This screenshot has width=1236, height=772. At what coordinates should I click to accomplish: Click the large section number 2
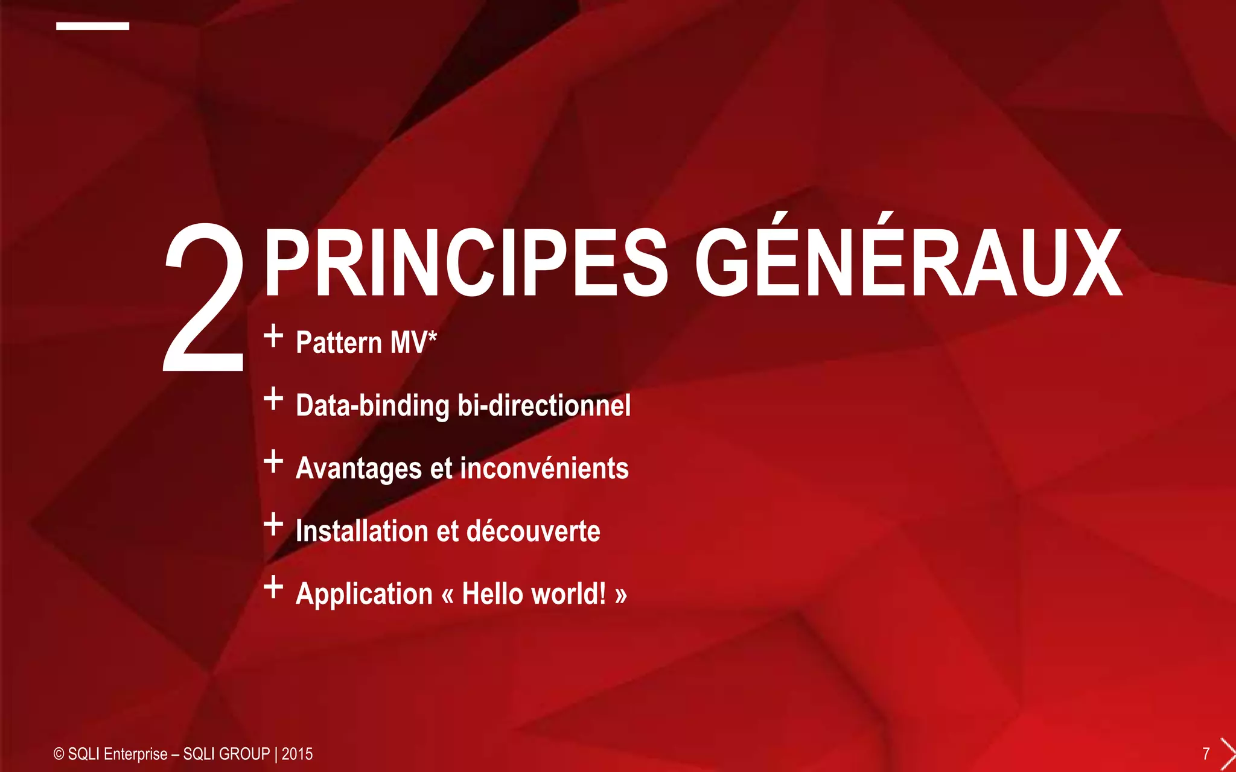click(x=204, y=299)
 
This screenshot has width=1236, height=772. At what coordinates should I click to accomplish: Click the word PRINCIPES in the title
click(x=465, y=264)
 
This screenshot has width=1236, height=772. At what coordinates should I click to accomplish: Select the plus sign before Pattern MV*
click(x=273, y=335)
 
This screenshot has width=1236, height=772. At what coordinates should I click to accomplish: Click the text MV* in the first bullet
click(x=413, y=342)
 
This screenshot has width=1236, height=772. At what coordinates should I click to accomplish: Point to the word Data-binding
click(x=372, y=405)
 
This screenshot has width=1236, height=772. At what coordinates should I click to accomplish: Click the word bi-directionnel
click(x=544, y=405)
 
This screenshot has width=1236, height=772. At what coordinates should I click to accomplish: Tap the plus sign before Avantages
click(x=273, y=461)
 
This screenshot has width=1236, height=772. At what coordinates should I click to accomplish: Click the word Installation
click(x=362, y=531)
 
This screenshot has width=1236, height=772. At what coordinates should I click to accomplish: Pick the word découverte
click(x=533, y=531)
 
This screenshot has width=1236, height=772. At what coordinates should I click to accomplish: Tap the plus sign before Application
click(x=273, y=587)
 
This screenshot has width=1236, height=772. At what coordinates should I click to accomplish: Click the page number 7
click(x=1206, y=754)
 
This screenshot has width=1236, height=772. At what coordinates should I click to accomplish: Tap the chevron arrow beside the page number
click(x=1228, y=754)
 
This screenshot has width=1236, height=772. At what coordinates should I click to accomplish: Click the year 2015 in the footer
click(x=297, y=754)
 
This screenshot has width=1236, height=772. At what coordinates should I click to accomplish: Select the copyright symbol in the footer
click(x=59, y=754)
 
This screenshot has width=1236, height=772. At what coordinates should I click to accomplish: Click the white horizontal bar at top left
click(x=92, y=26)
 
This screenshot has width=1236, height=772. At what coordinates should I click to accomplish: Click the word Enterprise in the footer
click(x=135, y=754)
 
